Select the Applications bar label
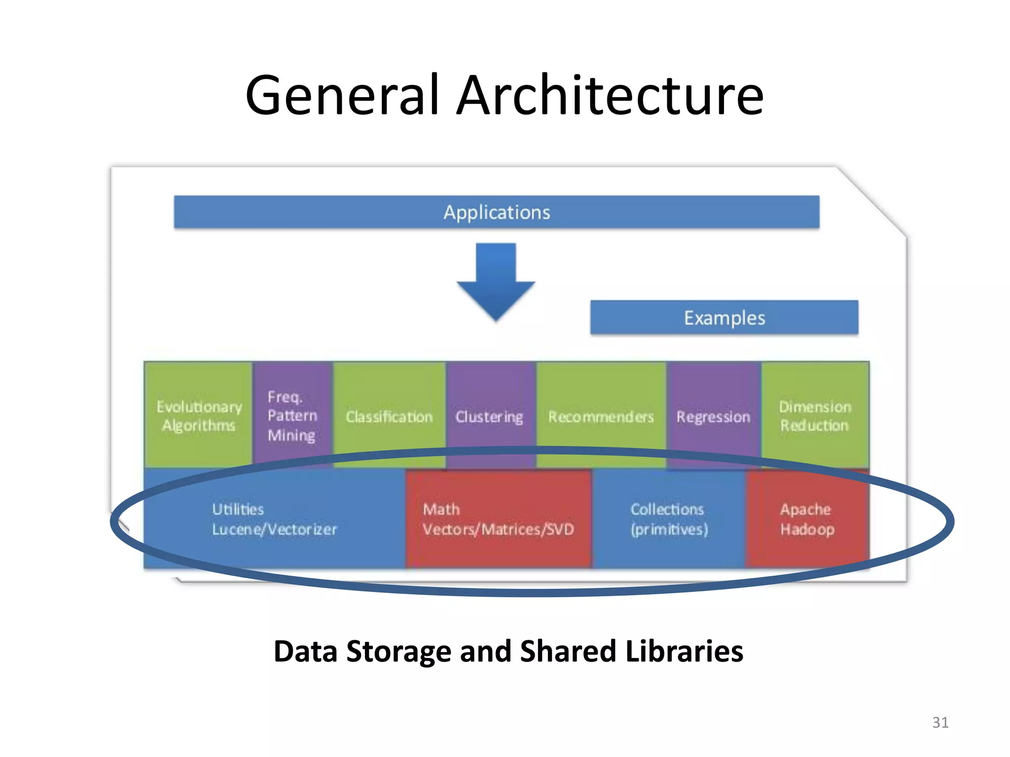tap(497, 212)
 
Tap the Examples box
tap(724, 318)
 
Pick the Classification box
tap(389, 416)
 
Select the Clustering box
tap(489, 416)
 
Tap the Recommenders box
tap(601, 416)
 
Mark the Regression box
tap(713, 416)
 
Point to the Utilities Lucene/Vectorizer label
tap(274, 519)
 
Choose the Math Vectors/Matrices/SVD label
tap(498, 519)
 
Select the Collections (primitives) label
tap(669, 519)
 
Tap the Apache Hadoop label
tap(807, 519)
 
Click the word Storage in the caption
tap(398, 652)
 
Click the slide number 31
tap(940, 723)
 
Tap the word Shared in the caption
tap(567, 652)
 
